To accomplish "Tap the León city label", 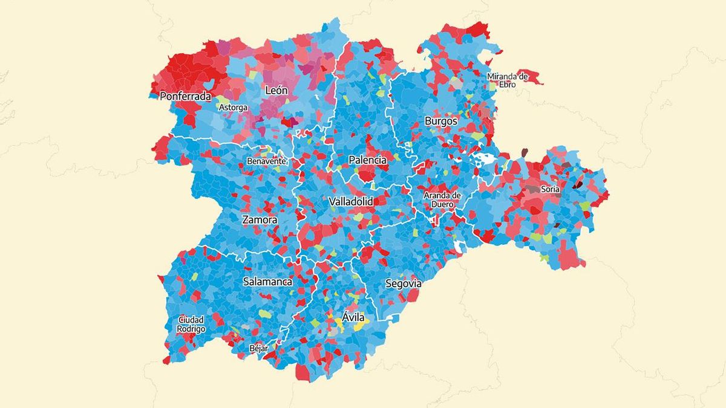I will point(276,91).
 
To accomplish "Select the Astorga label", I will point(233,108).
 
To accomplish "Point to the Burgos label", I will point(441,121).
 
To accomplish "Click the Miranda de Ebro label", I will point(508,80).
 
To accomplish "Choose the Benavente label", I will point(266,161).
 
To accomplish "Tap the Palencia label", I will point(367,160).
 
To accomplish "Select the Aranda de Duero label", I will point(442,199).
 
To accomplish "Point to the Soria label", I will point(551,189).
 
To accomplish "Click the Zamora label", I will point(260,220).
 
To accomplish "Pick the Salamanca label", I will point(267,282).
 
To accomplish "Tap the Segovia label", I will point(403,283).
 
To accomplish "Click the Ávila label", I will point(354,317).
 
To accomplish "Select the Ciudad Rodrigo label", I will point(191,324).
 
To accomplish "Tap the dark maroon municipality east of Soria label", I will point(578,185).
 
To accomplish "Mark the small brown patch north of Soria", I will point(525,152).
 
